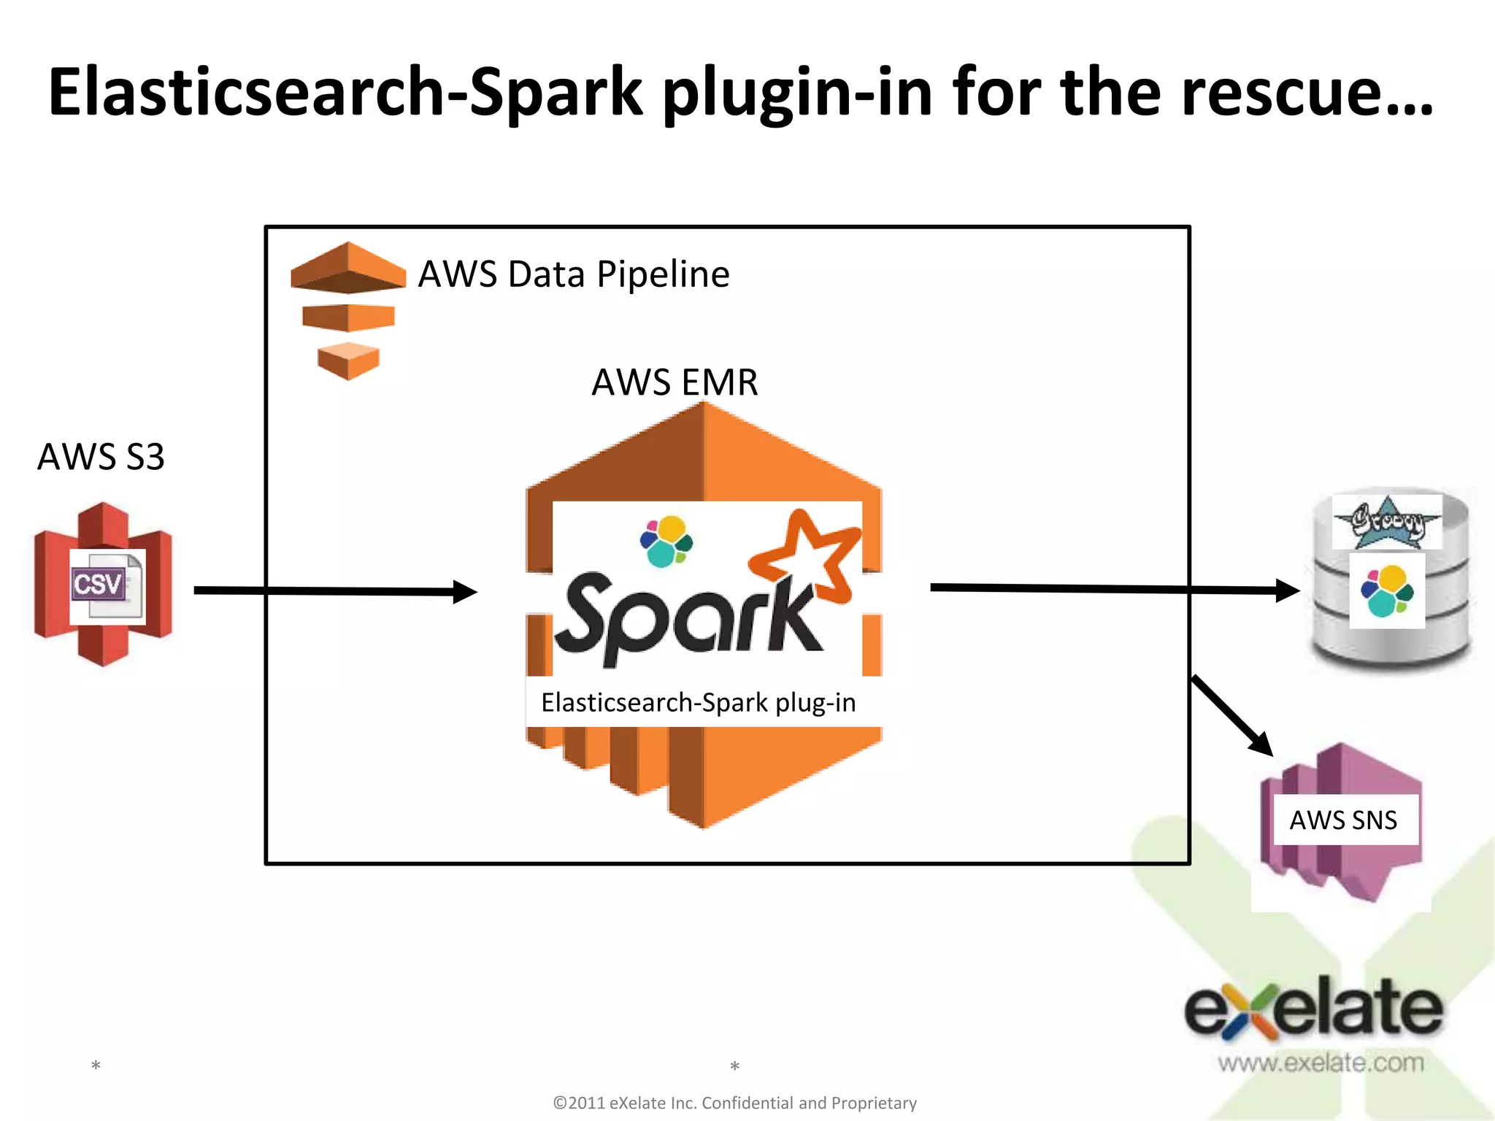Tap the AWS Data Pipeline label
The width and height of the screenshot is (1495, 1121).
573,274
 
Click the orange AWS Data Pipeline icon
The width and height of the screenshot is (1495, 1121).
348,310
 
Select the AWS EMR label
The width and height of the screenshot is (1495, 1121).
675,382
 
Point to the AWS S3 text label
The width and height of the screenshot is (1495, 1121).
101,457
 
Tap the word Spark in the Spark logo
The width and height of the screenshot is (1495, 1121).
686,617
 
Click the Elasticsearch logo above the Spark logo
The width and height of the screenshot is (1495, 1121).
666,542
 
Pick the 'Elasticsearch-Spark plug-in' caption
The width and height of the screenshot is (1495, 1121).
698,702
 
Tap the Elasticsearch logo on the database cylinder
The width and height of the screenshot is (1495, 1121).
1387,590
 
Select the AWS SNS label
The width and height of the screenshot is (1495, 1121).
1343,820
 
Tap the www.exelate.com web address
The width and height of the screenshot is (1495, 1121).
1321,1063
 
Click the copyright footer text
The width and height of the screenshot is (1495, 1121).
734,1103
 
